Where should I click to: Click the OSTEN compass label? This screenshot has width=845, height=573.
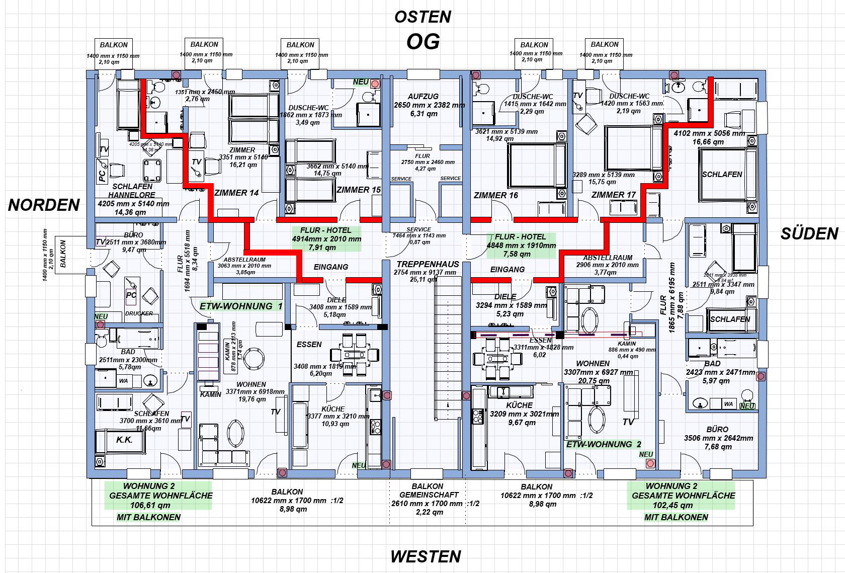422,17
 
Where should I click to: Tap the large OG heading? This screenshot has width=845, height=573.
423,42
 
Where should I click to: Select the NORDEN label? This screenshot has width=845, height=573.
44,205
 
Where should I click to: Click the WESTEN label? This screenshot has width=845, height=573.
426,556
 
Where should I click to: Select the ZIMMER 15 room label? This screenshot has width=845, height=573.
359,190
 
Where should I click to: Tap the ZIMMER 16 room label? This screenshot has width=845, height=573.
495,195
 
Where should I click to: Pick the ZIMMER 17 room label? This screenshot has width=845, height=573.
613,195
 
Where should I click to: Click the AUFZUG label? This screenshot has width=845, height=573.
423,96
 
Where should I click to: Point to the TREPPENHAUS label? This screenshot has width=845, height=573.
428,264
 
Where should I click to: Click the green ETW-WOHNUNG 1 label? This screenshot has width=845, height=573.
241,306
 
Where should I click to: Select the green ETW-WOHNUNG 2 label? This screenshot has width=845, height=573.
604,444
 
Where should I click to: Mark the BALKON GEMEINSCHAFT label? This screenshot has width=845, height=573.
427,490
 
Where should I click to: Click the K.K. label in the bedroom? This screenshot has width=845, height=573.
124,440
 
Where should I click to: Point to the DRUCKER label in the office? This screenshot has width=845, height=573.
139,313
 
